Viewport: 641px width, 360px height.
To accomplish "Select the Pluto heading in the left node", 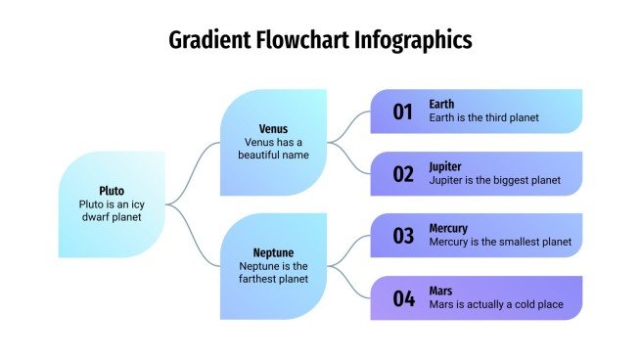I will click(112, 191).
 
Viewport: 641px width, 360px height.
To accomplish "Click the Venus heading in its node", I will click(273, 129).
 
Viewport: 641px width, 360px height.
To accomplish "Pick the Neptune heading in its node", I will click(273, 252).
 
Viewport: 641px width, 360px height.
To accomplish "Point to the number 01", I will click(404, 112).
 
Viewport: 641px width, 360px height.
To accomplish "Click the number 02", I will click(404, 175).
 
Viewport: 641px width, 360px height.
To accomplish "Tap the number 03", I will click(404, 237).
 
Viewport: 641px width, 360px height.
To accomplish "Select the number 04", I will click(404, 299).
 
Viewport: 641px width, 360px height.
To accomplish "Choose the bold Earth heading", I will click(441, 105).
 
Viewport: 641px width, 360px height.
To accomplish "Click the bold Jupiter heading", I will click(445, 166).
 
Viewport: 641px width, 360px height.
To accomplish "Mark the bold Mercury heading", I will click(448, 229).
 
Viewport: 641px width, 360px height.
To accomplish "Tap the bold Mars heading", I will click(440, 291).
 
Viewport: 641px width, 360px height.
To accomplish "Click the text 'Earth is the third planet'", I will click(483, 118).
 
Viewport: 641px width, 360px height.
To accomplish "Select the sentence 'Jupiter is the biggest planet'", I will click(494, 180).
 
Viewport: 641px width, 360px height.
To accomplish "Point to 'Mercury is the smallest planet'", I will click(499, 243).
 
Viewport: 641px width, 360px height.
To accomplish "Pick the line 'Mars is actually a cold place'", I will click(496, 304).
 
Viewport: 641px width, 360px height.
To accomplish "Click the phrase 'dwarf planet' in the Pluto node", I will click(112, 217).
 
